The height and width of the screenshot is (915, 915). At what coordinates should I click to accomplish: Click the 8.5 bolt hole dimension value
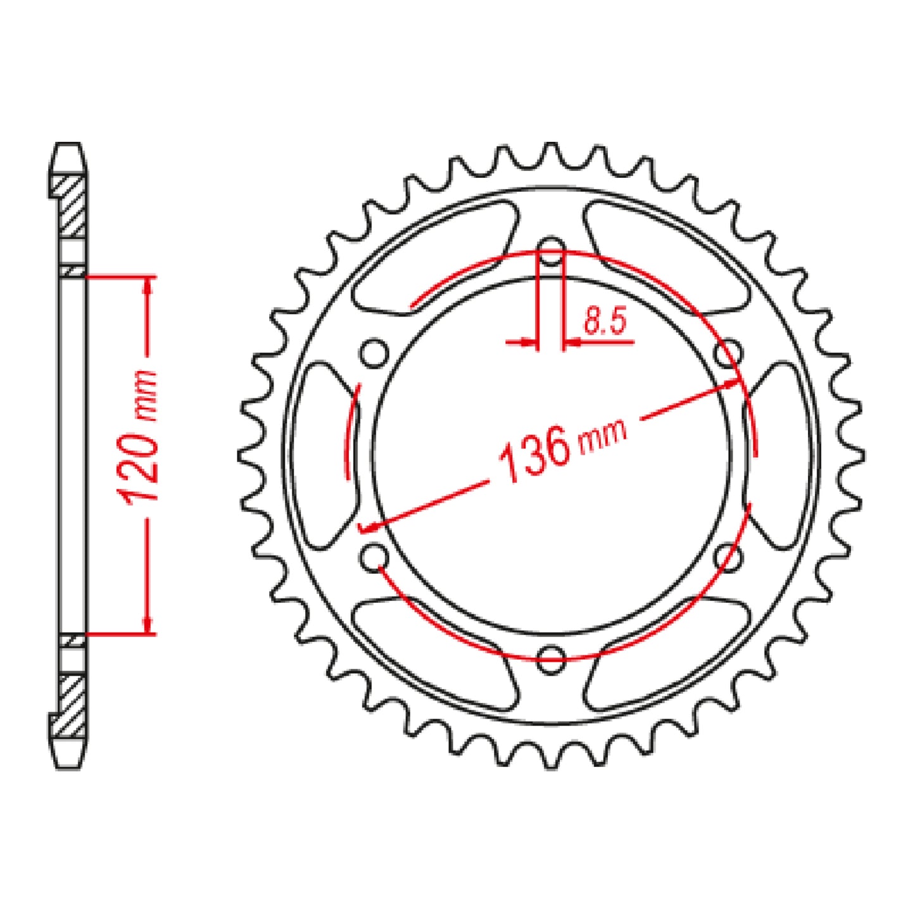[604, 322]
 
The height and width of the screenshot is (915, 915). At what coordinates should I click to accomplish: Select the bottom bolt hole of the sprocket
[552, 657]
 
